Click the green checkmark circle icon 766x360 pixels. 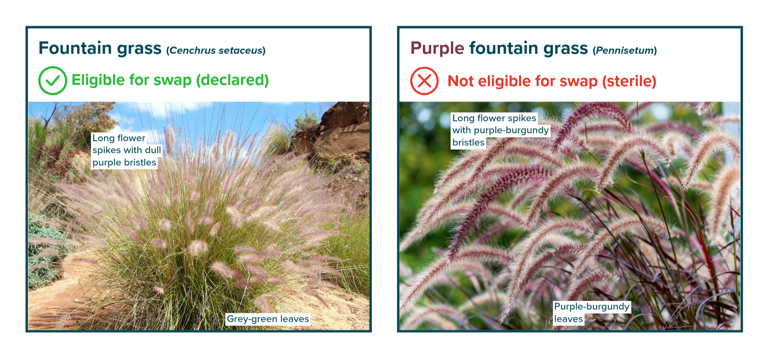coord(53,81)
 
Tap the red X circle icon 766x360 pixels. coord(424,81)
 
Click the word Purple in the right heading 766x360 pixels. coord(437,49)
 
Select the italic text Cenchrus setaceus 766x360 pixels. coord(215,51)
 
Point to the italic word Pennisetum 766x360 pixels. coord(624,51)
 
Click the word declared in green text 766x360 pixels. coord(232,80)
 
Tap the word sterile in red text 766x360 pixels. coord(629,81)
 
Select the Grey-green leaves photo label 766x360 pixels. coord(268,319)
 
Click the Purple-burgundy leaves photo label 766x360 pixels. coord(592,313)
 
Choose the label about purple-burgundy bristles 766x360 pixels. coord(500,130)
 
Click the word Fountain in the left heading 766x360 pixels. coord(75,48)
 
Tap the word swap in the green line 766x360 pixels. coord(173,81)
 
